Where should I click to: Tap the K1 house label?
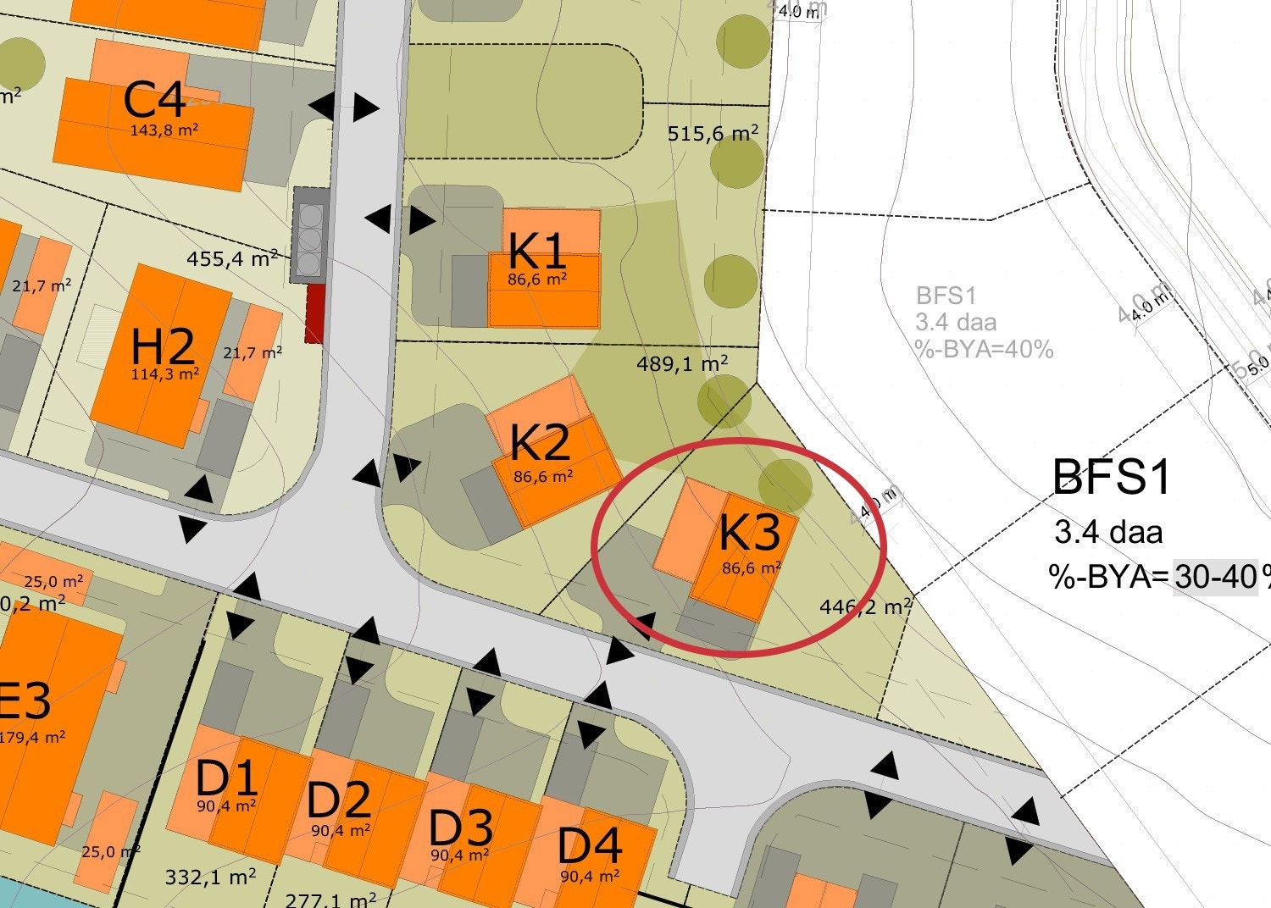click(x=537, y=252)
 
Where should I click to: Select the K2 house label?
click(x=540, y=442)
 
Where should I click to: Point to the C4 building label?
click(x=154, y=100)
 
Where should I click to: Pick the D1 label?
click(x=226, y=778)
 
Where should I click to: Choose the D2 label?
click(x=339, y=800)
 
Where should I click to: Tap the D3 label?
click(x=461, y=827)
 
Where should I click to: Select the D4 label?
click(x=590, y=845)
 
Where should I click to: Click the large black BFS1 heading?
click(x=1111, y=477)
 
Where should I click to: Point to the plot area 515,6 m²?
click(x=712, y=134)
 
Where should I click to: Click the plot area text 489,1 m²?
click(x=682, y=364)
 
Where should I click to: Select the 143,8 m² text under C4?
click(x=164, y=130)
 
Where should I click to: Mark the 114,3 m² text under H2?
click(x=165, y=374)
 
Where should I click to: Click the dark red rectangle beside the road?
click(x=315, y=314)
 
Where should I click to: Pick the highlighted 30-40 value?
click(x=1214, y=578)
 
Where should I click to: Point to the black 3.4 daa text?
click(x=1108, y=533)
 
